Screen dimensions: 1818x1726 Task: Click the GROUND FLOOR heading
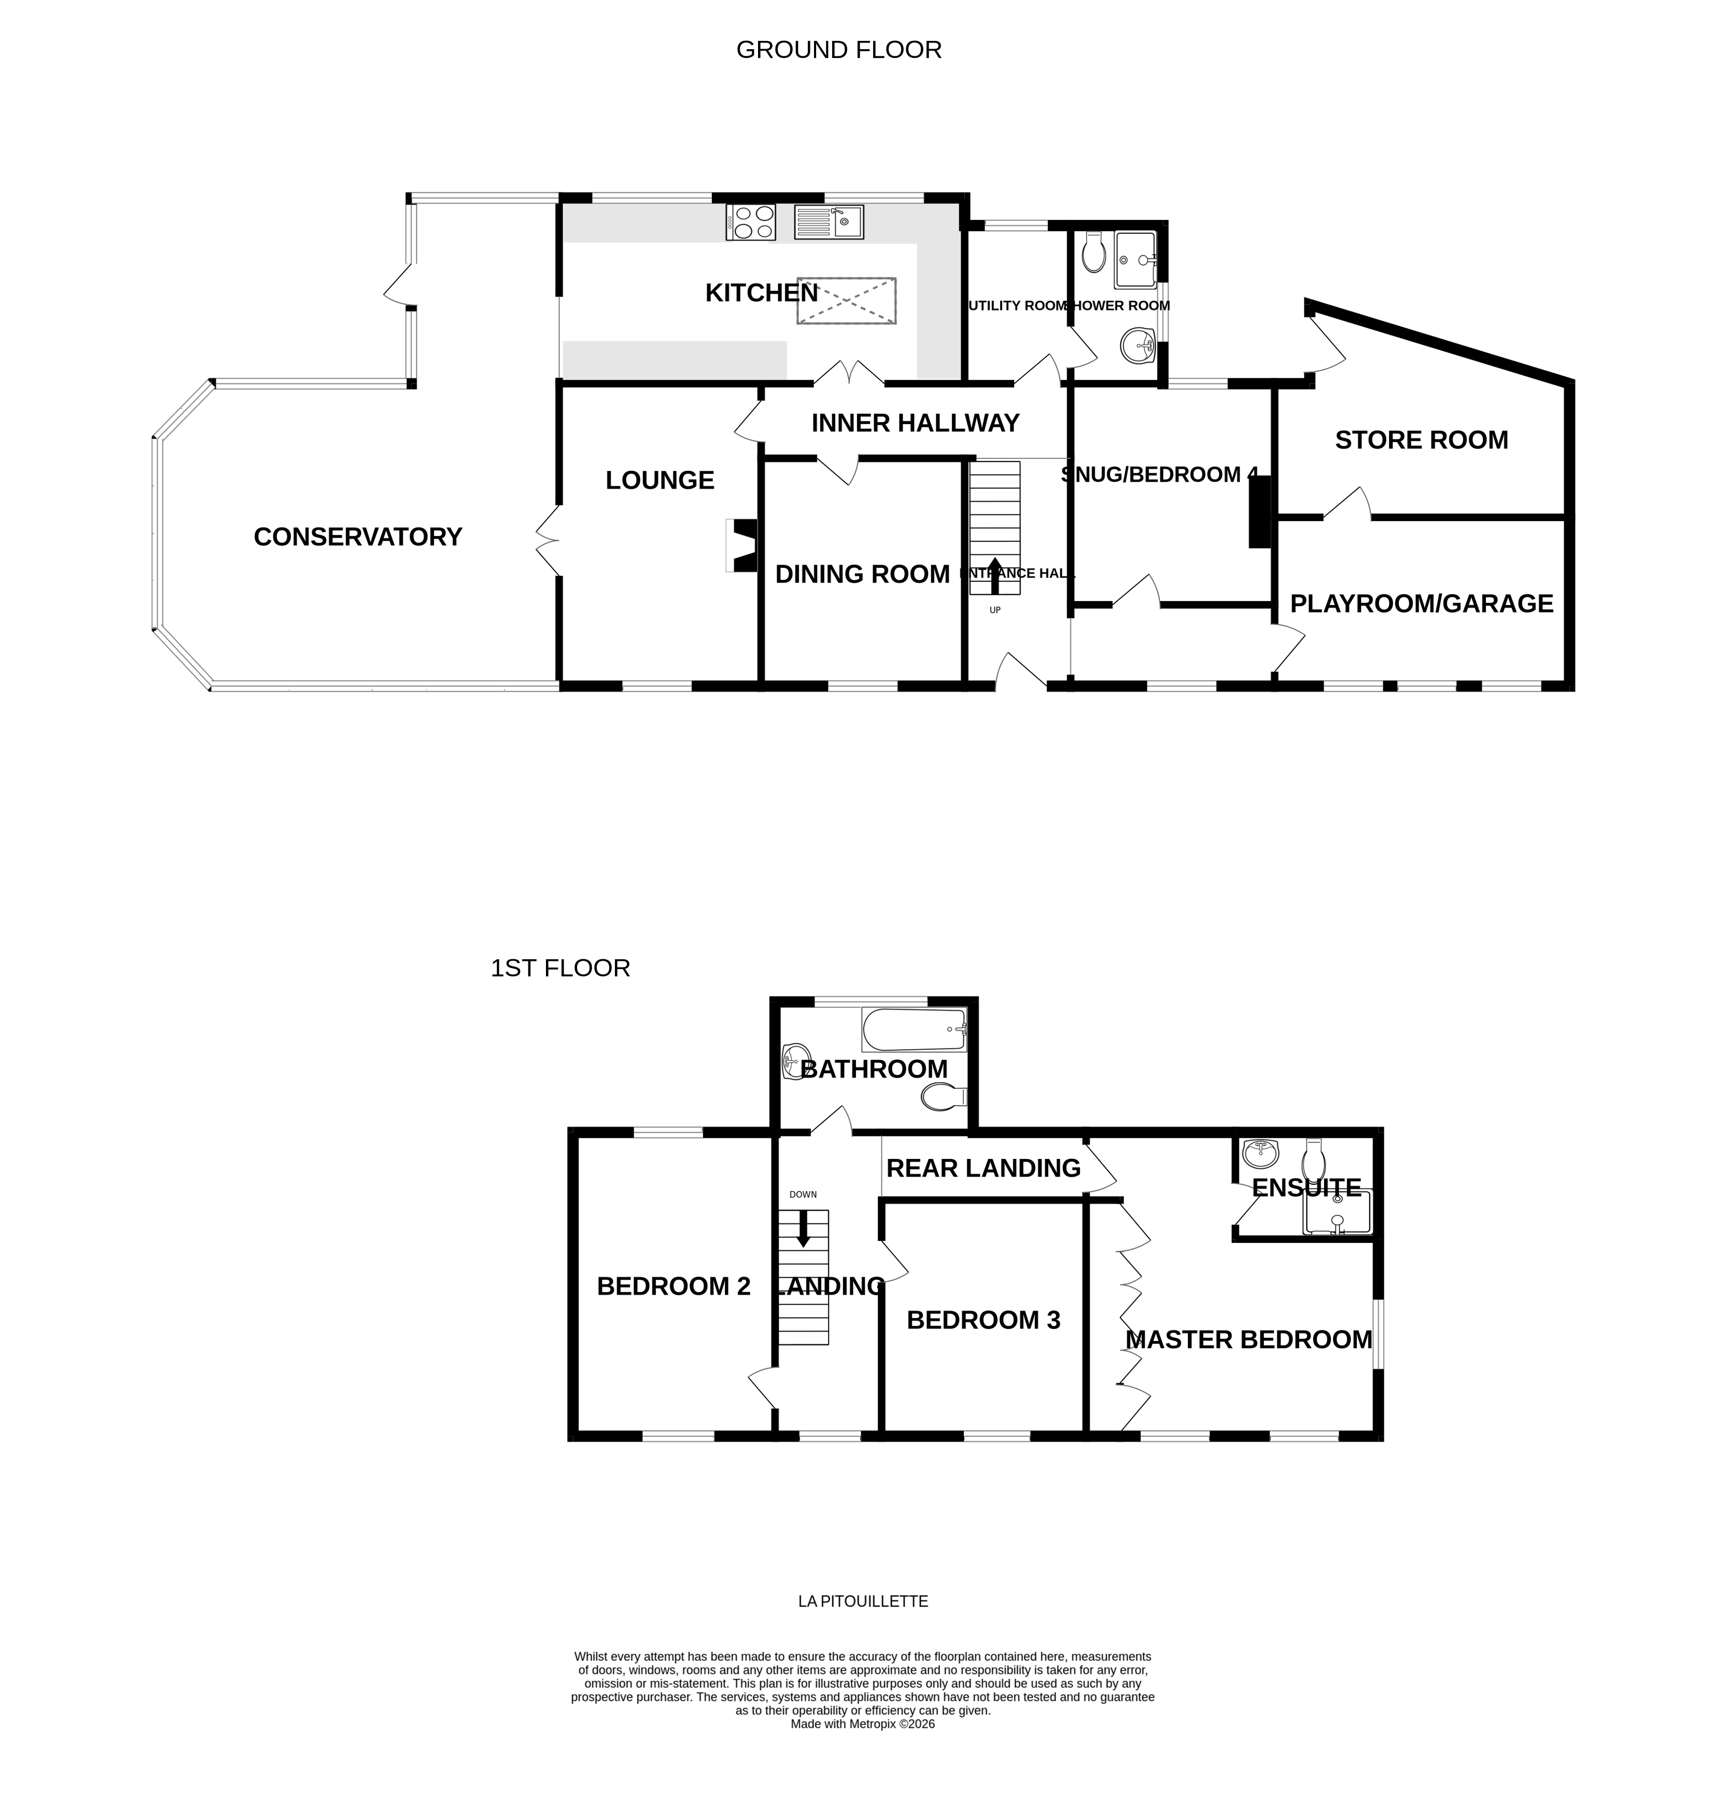[x=838, y=50]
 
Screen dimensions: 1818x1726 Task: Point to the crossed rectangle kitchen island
[x=846, y=300]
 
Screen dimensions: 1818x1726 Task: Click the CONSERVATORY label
[x=357, y=536]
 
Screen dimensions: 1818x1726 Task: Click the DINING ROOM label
[x=862, y=574]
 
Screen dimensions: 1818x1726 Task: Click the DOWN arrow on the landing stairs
[x=803, y=1228]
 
